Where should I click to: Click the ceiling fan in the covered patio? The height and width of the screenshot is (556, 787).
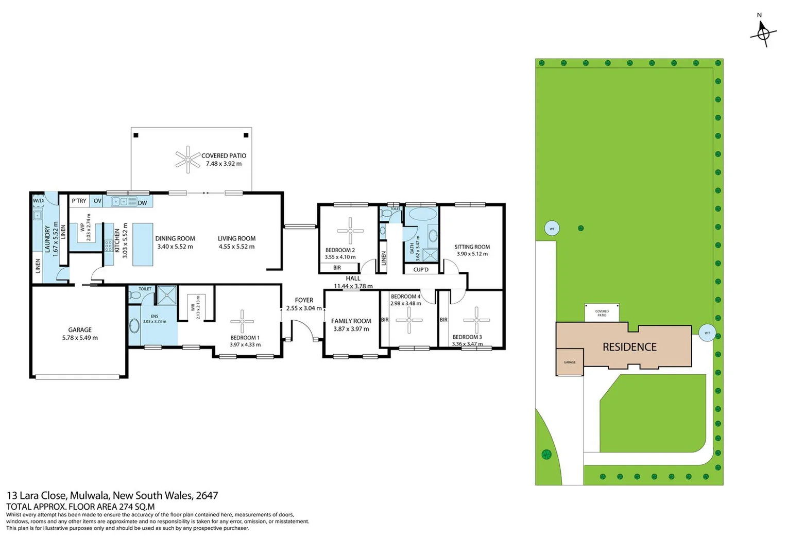pos(187,160)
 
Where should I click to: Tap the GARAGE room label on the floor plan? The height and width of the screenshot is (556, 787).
pos(80,330)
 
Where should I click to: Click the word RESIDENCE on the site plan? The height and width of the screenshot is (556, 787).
pos(629,347)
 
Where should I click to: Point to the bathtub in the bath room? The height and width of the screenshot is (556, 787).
pos(422,214)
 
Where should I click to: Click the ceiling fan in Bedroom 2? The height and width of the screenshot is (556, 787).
pos(350,230)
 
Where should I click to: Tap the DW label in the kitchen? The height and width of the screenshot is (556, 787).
pos(143,203)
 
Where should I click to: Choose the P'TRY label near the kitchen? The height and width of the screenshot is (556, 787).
pos(79,201)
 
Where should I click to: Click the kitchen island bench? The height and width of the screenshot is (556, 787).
pos(143,244)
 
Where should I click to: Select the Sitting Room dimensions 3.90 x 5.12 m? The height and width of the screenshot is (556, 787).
pos(472,254)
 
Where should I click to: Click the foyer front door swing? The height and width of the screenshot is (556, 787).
pos(304,329)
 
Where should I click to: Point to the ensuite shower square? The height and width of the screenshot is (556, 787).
pos(167,295)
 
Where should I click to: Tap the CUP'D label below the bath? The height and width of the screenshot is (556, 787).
pos(421,269)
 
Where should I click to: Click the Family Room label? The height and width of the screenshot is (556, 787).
pos(351,321)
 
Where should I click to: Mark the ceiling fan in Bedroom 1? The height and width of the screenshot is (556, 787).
pos(242,322)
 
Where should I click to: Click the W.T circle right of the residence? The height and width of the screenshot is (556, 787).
pos(707,333)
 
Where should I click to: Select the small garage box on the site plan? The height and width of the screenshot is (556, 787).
pos(570,362)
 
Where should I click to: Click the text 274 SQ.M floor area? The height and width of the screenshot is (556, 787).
pos(136,507)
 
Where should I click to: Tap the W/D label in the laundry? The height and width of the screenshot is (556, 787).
pos(38,201)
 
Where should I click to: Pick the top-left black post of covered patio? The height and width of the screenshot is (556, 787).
pos(136,135)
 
